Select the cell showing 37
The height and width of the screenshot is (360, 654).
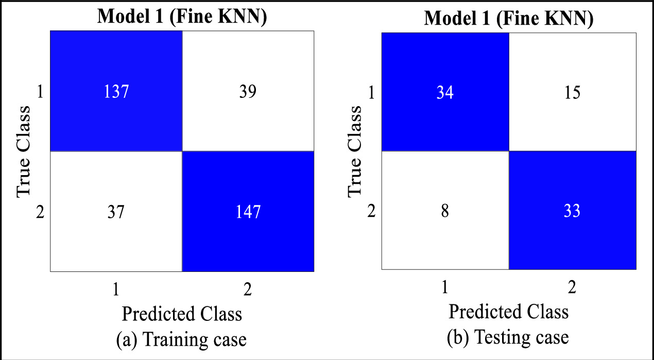[116, 212]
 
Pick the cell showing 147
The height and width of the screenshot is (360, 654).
[248, 212]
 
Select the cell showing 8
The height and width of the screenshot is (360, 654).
[445, 212]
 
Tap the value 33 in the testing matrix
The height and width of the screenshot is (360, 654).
[572, 212]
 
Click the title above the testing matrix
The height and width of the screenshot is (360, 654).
[509, 19]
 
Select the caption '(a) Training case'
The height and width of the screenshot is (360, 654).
[182, 340]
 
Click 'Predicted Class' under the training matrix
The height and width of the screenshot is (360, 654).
[182, 314]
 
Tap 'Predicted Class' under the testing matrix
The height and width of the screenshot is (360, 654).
[509, 312]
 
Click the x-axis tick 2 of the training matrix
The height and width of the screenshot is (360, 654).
[248, 289]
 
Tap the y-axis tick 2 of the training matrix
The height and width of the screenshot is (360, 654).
[40, 212]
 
